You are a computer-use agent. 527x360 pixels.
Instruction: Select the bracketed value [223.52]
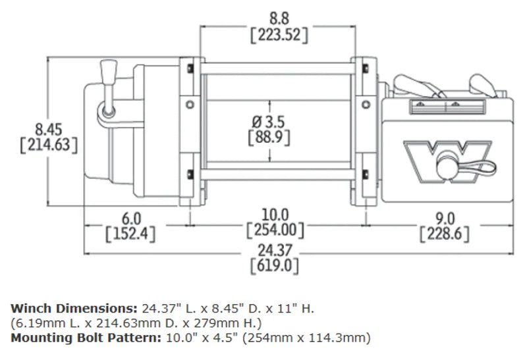click(279, 35)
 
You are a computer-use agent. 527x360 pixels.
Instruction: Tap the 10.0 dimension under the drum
click(275, 215)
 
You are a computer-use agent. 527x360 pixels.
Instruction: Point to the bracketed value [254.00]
click(275, 231)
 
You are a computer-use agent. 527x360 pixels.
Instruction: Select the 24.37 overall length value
click(275, 250)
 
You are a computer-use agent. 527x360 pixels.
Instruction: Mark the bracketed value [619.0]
click(275, 267)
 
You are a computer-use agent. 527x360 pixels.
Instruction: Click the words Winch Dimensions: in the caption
click(72, 308)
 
